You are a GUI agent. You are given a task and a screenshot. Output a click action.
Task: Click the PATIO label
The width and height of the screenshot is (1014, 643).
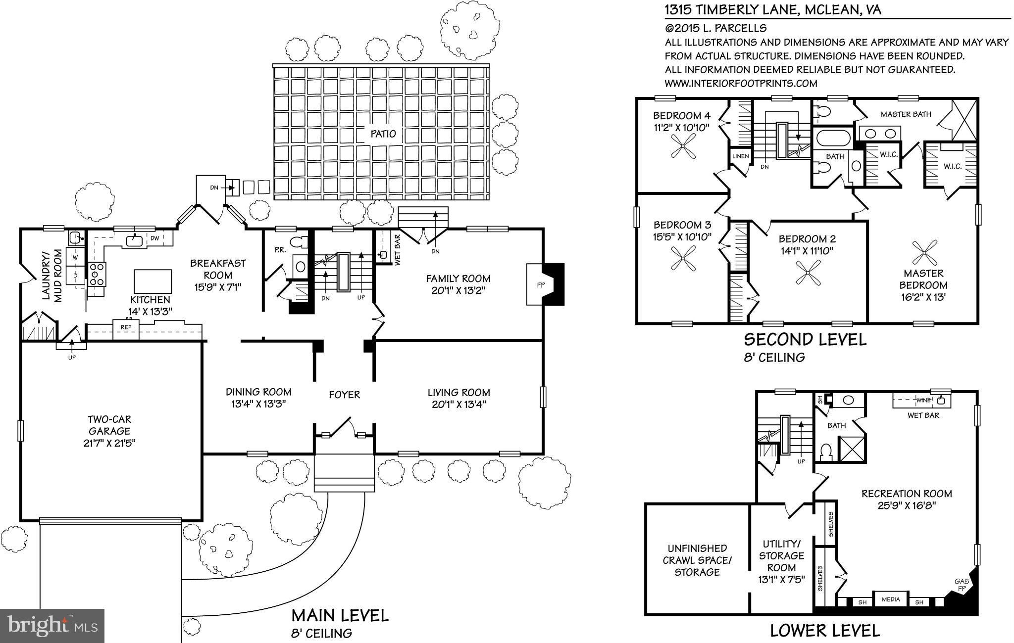click(x=383, y=134)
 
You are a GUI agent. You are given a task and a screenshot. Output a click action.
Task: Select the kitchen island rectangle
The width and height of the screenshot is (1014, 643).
click(x=152, y=281)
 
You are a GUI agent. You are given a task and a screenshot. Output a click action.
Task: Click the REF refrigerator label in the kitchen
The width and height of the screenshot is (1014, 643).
click(x=126, y=327)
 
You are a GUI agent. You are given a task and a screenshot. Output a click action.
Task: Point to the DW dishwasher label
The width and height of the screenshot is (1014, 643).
click(x=154, y=238)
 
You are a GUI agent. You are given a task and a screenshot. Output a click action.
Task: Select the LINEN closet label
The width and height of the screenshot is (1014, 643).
click(x=740, y=156)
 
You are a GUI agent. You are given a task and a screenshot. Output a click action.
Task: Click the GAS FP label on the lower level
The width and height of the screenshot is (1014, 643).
click(x=962, y=585)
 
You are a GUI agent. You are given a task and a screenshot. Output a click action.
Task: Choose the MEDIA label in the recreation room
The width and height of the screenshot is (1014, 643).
click(x=890, y=599)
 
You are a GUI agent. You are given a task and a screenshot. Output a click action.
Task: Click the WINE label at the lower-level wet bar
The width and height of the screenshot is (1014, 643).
click(x=923, y=400)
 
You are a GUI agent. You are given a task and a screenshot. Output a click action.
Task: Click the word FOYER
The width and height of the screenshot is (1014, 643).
click(x=344, y=395)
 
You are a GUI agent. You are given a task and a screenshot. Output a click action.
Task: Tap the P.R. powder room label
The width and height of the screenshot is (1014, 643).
click(x=280, y=250)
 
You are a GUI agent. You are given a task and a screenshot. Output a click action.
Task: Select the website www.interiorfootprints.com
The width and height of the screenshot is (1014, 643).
click(x=741, y=83)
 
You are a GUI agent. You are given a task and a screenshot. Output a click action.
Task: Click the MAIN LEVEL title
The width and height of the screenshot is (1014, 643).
click(x=340, y=615)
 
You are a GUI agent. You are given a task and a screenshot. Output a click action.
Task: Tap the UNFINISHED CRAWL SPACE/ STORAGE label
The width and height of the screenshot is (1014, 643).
click(x=697, y=560)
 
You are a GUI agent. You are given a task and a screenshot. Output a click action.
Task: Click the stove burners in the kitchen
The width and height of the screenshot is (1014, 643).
click(x=96, y=274)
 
